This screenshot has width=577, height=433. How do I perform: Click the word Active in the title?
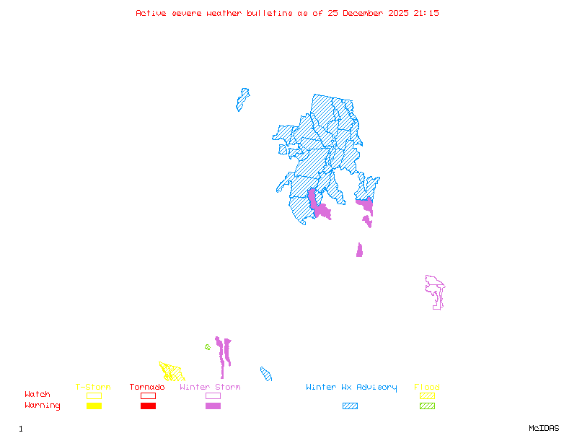(x=150, y=13)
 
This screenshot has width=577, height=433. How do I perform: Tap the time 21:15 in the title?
(x=427, y=13)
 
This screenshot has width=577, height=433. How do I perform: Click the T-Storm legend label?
(x=93, y=388)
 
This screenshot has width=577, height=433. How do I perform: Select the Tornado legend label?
(x=147, y=388)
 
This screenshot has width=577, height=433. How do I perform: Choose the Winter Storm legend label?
(x=210, y=388)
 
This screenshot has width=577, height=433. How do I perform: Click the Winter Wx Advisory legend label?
(x=351, y=388)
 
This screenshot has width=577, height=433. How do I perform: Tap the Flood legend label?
(x=427, y=388)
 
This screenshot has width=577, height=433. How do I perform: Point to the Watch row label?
(x=38, y=395)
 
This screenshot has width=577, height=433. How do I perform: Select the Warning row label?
(x=42, y=406)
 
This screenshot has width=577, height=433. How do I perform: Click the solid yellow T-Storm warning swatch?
(x=94, y=406)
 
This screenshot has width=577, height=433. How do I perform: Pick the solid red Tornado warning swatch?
(x=148, y=406)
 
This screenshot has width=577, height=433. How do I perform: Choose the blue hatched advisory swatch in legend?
(x=350, y=406)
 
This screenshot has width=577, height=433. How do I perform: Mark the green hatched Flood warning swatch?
(x=427, y=406)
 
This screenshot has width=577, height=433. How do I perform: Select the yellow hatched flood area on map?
(x=172, y=372)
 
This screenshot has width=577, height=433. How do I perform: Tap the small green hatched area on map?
(x=208, y=347)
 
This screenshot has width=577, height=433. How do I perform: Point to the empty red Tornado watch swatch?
(x=148, y=395)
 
